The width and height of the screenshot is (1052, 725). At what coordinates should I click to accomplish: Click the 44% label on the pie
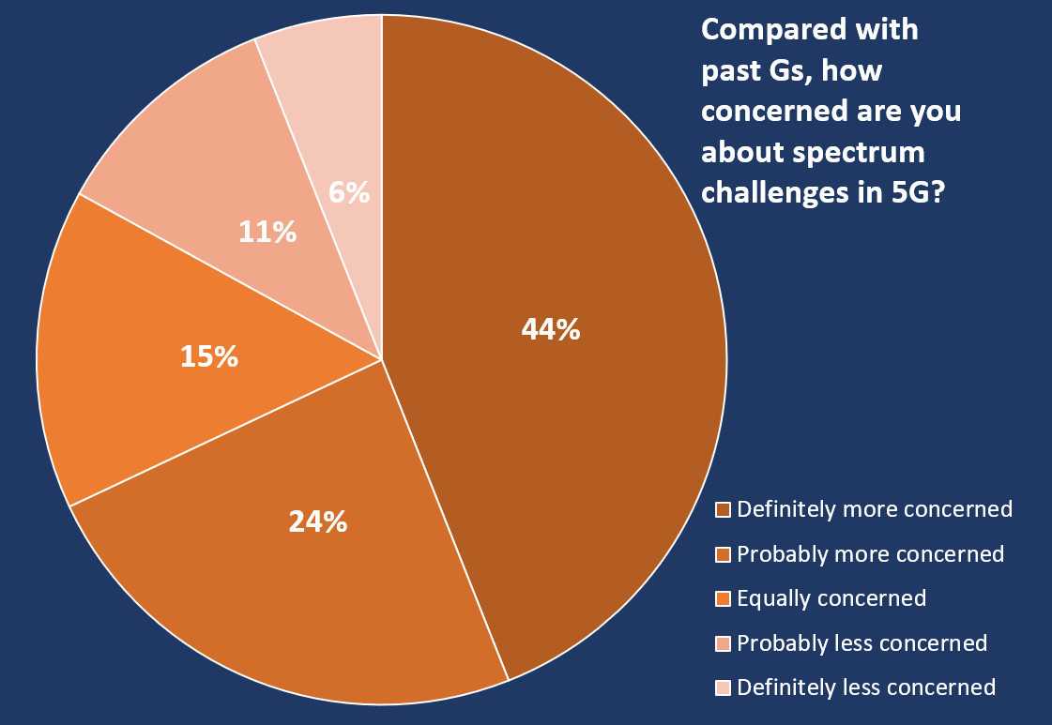coord(551,330)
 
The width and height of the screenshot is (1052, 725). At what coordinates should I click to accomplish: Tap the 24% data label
coord(318,521)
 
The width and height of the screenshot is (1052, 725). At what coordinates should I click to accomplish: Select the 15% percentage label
coord(208,356)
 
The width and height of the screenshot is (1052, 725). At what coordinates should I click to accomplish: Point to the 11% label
coord(267,232)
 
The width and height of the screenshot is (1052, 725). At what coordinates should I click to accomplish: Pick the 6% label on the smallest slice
coord(349,192)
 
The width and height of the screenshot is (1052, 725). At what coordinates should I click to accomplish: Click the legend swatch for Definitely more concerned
coord(724,510)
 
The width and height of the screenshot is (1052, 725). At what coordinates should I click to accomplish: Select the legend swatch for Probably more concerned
coord(724,554)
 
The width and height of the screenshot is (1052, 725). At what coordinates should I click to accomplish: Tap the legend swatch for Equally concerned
coord(724,599)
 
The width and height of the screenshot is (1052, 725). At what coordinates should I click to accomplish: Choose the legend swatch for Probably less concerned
coord(724,643)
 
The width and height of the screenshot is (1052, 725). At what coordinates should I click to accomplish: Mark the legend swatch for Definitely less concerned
coord(724,688)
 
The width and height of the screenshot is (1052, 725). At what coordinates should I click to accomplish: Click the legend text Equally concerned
coord(831,598)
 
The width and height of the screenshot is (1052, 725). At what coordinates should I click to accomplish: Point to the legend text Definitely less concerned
coord(866,687)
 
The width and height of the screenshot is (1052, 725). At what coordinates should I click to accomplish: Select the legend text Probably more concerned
coord(871,554)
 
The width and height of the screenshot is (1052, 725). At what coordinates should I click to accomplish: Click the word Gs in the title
coord(776,70)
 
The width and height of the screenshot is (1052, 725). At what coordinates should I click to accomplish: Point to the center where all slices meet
coord(382,359)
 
